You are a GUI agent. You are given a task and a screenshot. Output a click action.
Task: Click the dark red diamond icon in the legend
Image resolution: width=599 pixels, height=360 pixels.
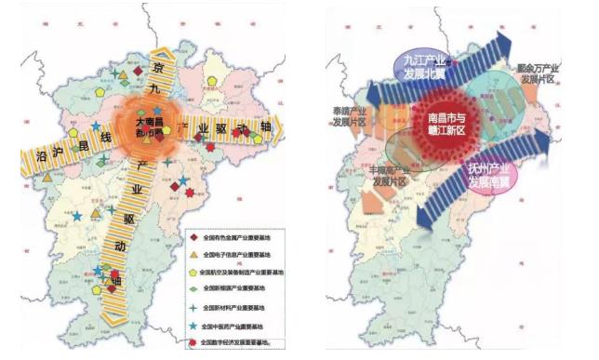(x=192, y=238)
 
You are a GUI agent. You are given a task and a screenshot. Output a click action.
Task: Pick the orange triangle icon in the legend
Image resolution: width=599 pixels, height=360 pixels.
(x=192, y=255)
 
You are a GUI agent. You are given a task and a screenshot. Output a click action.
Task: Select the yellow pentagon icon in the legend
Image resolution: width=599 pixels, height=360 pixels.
(x=192, y=273)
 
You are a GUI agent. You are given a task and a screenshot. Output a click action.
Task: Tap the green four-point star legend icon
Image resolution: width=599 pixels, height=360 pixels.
(x=192, y=308)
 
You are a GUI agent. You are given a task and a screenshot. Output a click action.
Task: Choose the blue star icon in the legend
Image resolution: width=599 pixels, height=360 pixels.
(x=192, y=326)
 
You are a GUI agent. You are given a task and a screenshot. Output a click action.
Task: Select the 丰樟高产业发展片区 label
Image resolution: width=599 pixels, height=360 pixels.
(x=391, y=176)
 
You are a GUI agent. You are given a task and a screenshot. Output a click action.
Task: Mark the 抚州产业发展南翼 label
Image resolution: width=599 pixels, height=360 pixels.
(x=495, y=173)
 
